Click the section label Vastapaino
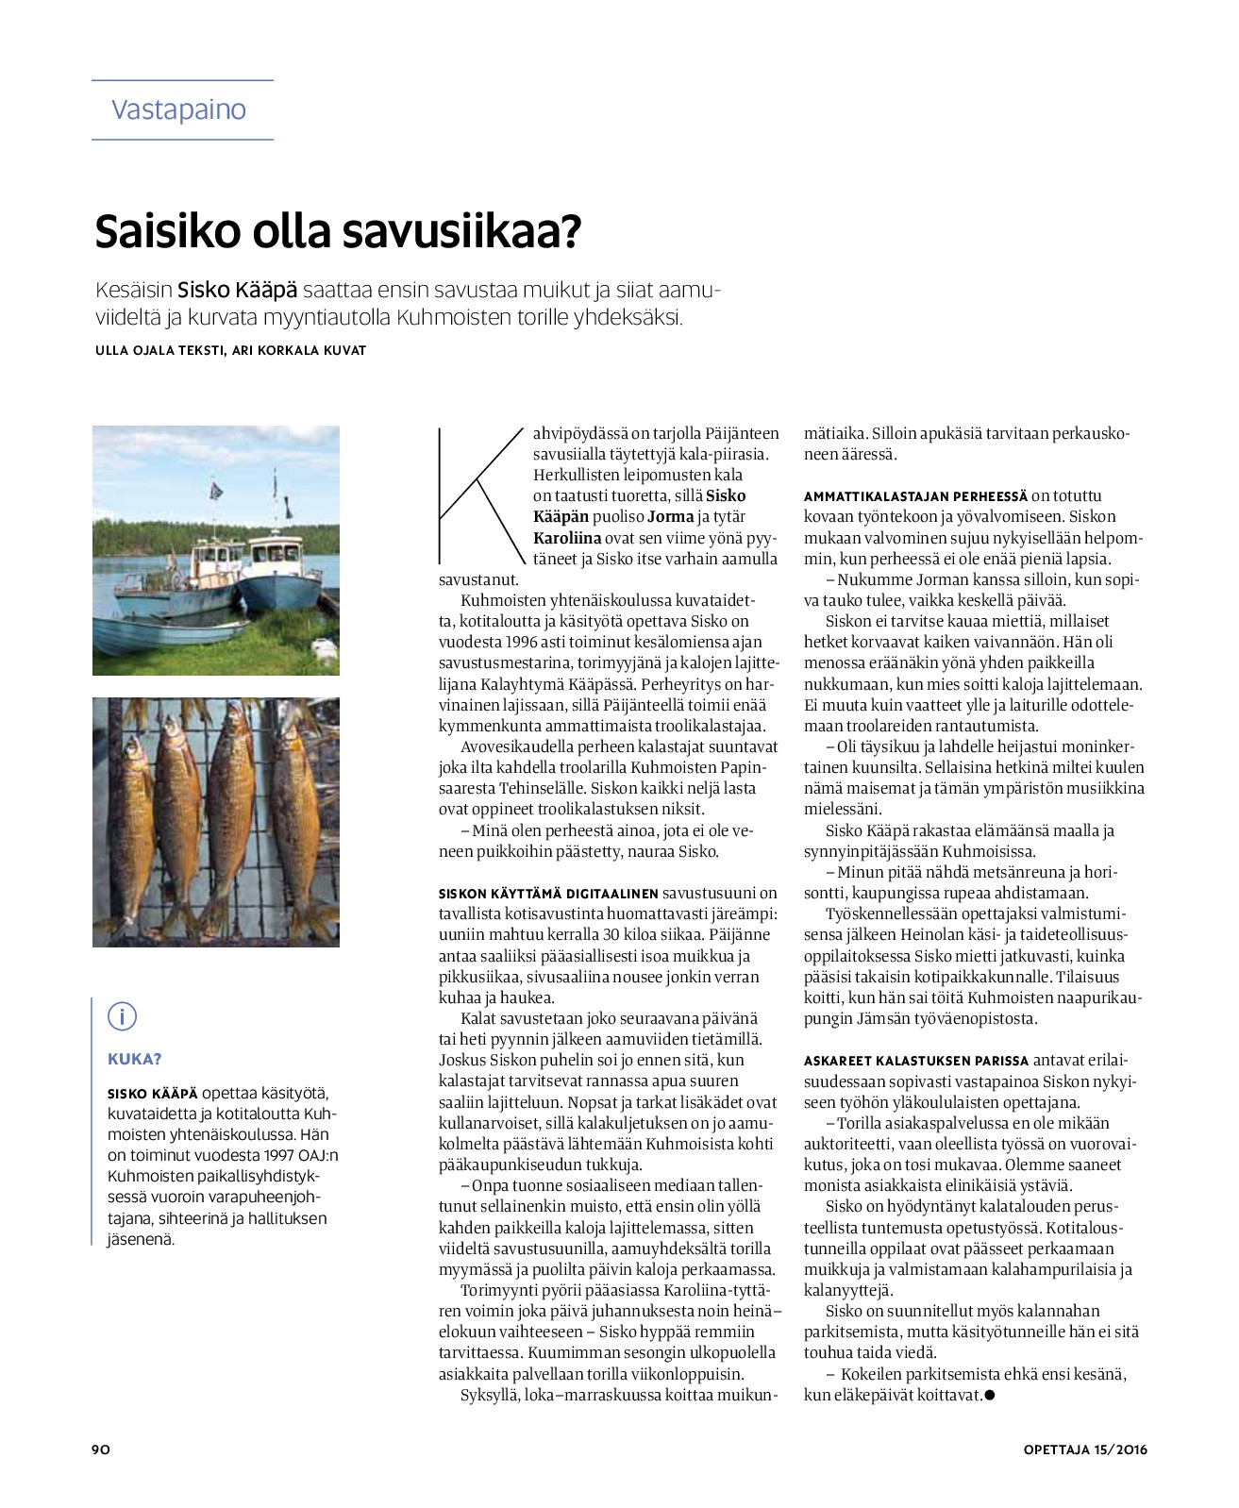[178, 109]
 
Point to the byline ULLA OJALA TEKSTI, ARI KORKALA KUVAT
[230, 350]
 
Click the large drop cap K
[479, 494]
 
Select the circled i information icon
[122, 1016]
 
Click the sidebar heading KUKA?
[135, 1059]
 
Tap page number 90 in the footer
[101, 1449]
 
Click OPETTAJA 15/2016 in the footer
[1085, 1449]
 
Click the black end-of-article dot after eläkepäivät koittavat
[990, 1395]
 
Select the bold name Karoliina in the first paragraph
[567, 538]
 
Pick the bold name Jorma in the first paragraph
[670, 517]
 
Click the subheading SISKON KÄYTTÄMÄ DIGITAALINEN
[548, 894]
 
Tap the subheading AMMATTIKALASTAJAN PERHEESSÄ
[915, 496]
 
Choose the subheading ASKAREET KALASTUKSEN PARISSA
[915, 1061]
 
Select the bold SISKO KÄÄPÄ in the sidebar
[153, 1094]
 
